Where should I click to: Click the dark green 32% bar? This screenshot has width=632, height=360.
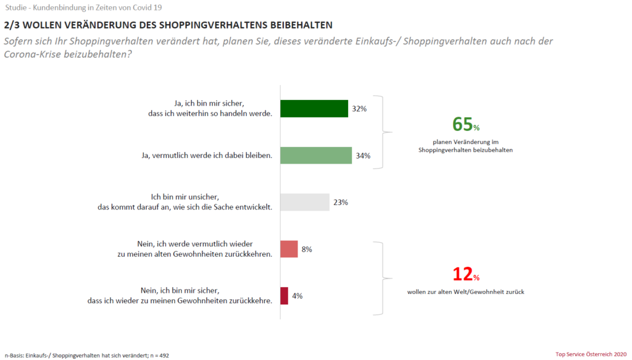[314, 109]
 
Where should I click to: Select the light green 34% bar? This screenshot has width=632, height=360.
[316, 156]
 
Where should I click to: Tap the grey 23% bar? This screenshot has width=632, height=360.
[305, 203]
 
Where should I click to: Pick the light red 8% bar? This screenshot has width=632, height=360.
[289, 249]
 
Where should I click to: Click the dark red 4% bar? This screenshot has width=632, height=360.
[284, 296]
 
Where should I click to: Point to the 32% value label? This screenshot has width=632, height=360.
[359, 109]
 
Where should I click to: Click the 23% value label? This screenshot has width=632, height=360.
[341, 203]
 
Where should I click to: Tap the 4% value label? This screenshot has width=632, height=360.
[297, 296]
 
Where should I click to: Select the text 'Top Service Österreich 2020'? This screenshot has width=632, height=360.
[591, 354]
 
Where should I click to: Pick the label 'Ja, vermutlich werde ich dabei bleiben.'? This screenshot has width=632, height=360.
[207, 156]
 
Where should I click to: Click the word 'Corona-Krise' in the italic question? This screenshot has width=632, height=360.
[32, 54]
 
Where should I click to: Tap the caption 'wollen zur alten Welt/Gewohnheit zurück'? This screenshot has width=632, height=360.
[465, 291]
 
